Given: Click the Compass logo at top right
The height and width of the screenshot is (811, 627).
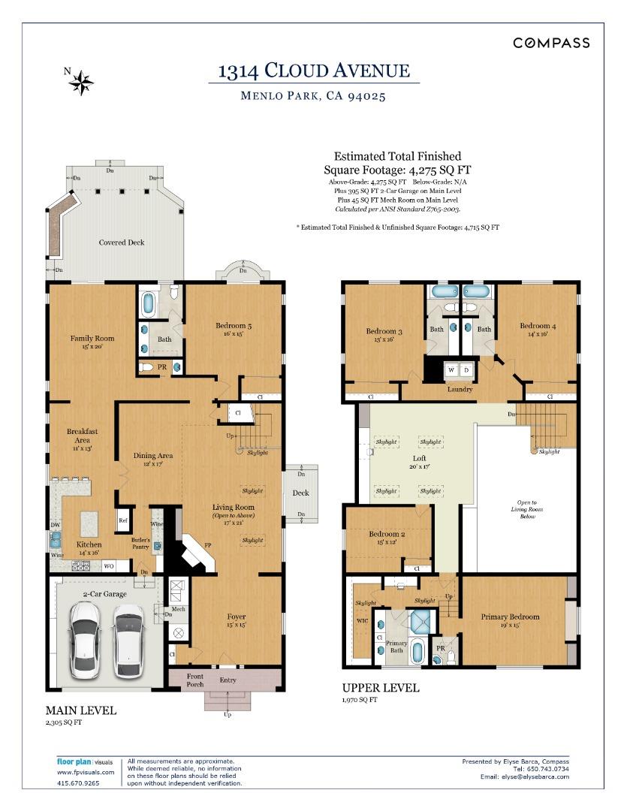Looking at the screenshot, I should [551, 43].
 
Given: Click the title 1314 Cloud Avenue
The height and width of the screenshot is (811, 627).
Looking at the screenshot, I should [314, 71].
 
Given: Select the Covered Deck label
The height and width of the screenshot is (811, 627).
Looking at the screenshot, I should [122, 243].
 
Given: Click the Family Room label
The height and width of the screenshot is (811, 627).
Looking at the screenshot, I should [92, 339].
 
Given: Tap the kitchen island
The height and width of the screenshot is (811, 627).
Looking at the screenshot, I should [89, 521].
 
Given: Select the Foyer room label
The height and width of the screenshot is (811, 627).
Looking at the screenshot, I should [237, 617].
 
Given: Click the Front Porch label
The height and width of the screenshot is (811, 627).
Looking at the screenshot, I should [185, 681].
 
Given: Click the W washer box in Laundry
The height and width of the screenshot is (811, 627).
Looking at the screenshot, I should [452, 370].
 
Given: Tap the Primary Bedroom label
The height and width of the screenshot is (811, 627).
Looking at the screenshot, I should [510, 617].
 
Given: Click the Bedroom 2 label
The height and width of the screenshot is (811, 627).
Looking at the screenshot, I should [387, 535].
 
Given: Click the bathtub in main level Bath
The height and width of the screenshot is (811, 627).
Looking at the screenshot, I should [148, 303].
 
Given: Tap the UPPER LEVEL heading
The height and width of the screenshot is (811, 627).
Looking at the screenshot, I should [381, 688].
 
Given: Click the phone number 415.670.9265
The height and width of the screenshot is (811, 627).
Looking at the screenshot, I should [78, 782].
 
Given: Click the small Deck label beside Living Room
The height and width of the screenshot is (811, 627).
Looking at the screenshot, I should [300, 493].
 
